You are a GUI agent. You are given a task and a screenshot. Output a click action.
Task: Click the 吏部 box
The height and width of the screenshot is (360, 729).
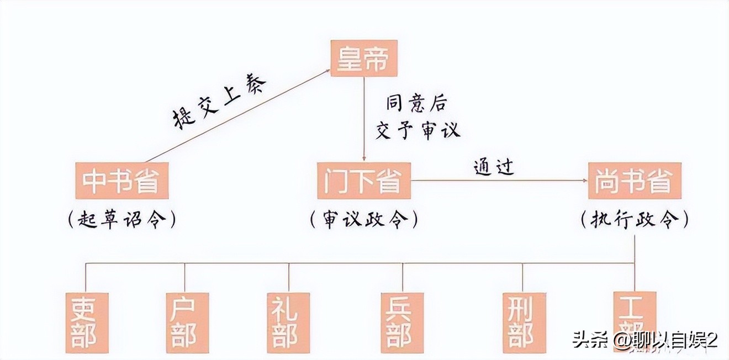86,322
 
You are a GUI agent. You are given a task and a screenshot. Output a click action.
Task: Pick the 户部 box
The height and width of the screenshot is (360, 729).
187,322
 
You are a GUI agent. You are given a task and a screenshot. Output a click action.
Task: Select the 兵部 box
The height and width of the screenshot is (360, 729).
402,322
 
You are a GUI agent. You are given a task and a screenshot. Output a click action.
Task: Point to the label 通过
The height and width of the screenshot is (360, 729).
494,166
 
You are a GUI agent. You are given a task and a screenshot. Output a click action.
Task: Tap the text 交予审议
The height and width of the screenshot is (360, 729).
418,131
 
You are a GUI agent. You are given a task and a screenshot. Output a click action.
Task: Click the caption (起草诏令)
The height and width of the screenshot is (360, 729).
121,220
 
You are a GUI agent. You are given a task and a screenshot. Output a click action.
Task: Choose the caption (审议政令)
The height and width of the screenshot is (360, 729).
363,220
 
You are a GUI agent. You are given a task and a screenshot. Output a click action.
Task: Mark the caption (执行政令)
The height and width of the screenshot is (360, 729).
635,221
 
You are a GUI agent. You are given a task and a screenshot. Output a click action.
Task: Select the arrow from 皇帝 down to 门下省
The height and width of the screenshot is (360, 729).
363,119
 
